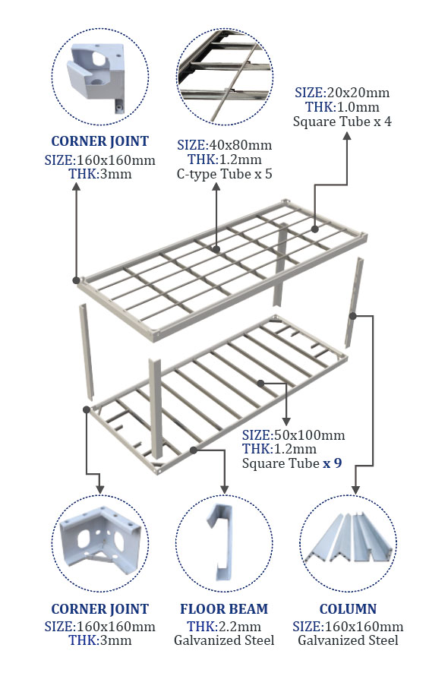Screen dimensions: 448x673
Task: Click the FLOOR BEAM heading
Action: [x=223, y=608]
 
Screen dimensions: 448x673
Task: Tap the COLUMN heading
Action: [x=348, y=608]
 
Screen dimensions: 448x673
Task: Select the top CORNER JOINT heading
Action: [x=99, y=141]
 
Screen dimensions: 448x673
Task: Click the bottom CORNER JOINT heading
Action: [x=99, y=608]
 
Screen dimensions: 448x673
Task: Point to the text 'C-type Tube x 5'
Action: [x=224, y=174]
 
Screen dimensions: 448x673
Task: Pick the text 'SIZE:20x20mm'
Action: [x=342, y=93]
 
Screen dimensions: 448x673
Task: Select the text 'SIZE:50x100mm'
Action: [x=294, y=435]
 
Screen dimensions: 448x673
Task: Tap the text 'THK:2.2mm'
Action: [x=223, y=626]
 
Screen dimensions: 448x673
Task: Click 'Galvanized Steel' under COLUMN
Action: [x=348, y=640]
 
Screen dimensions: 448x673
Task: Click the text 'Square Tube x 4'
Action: [x=342, y=122]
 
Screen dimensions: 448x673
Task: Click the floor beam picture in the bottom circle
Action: [x=220, y=542]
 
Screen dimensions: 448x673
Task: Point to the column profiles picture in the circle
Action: [x=348, y=538]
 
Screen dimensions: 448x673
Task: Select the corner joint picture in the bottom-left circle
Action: [x=100, y=540]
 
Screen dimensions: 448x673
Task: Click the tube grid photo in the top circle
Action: [x=225, y=77]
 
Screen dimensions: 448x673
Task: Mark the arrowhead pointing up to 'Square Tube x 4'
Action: [x=347, y=136]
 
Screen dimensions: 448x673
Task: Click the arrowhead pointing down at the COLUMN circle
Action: [x=355, y=489]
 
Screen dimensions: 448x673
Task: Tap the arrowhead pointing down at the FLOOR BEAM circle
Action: [x=224, y=489]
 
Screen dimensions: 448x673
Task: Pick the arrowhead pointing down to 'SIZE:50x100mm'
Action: [x=286, y=422]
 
